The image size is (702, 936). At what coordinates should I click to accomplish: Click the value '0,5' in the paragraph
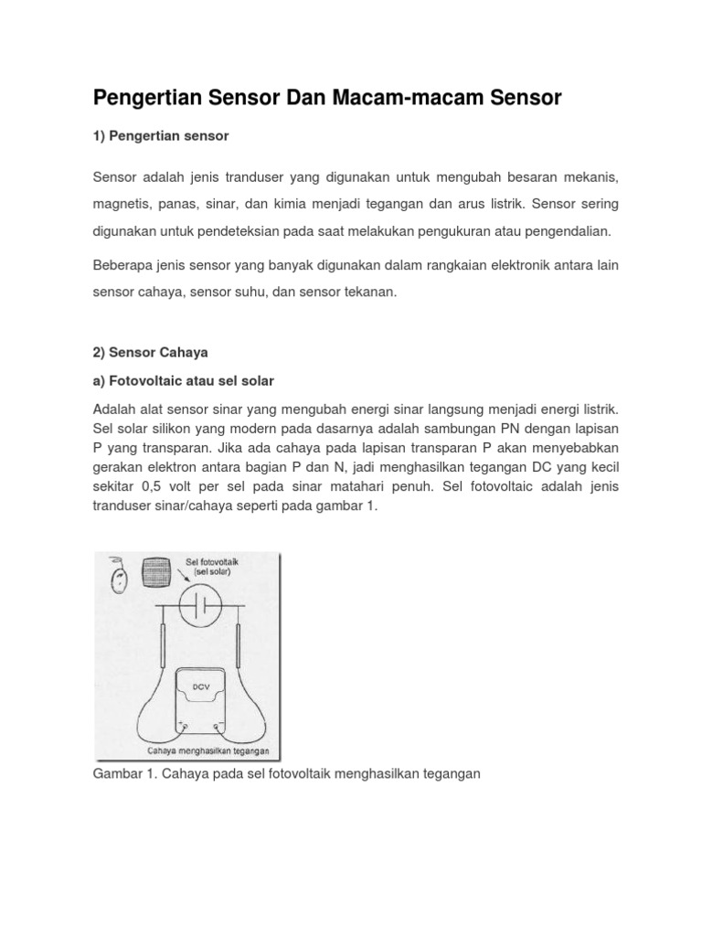pos(154,486)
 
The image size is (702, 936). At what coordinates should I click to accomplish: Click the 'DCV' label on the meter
pos(201,685)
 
